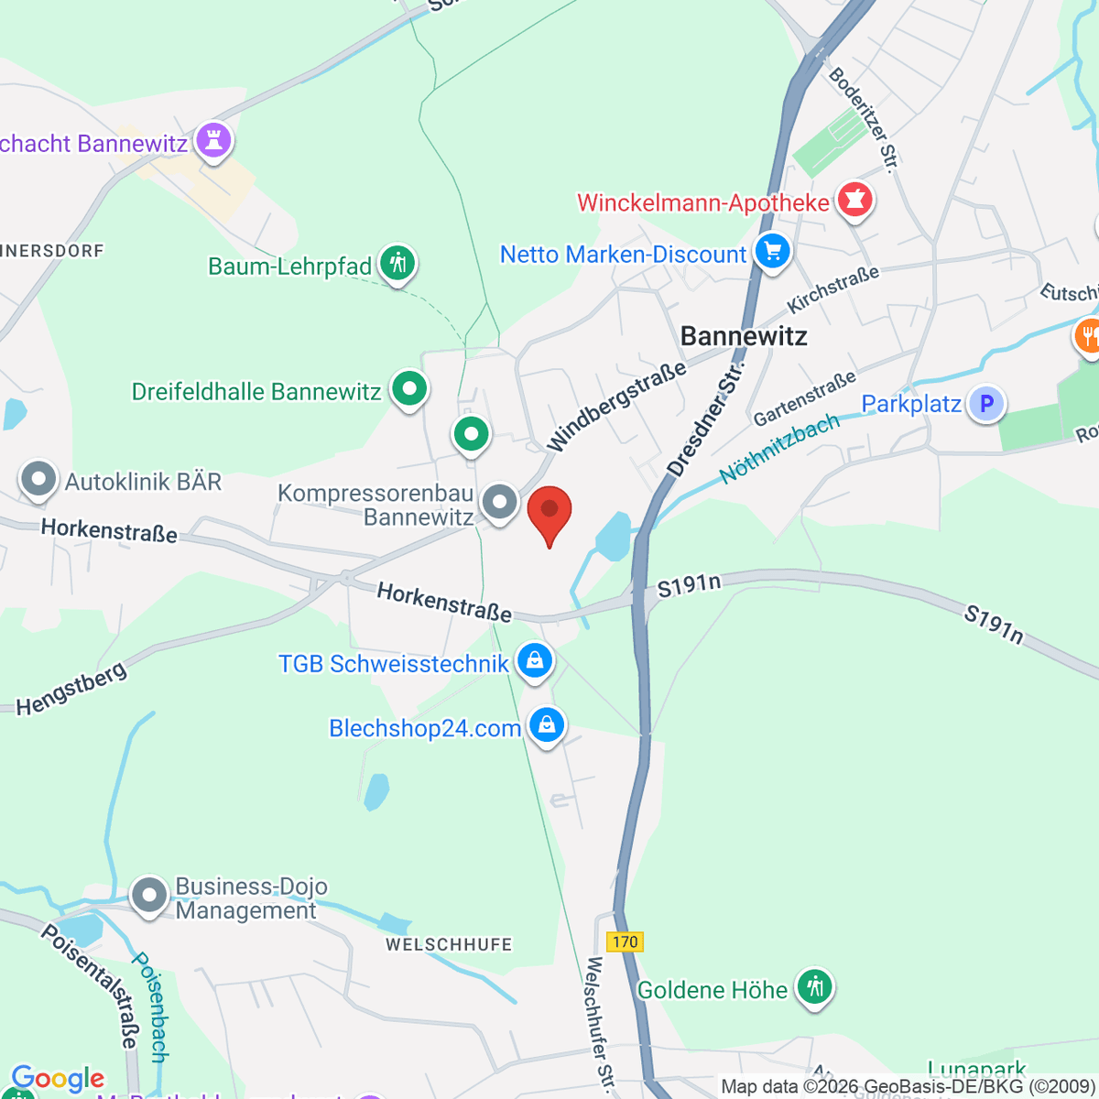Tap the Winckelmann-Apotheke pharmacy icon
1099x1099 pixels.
pos(854,202)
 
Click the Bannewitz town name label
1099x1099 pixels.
pos(744,336)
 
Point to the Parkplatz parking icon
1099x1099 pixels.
pos(986,403)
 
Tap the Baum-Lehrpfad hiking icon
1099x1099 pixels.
pos(397,265)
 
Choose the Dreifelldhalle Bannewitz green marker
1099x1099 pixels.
pos(409,389)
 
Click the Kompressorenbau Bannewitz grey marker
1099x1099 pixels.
pos(499,502)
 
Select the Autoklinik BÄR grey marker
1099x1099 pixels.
pos(38,479)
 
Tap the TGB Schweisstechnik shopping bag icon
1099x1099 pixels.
pos(535,660)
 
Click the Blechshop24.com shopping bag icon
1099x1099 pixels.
pos(547,726)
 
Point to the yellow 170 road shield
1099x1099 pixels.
pos(625,941)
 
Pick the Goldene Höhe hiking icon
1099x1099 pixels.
pos(813,988)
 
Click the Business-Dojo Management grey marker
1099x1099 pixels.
pos(149,896)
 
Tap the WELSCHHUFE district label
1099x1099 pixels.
pos(449,944)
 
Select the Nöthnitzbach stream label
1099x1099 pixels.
pos(779,449)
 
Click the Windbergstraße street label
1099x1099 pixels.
pos(616,407)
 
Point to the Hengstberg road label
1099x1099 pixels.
pos(71,690)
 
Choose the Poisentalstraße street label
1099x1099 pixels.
pos(91,985)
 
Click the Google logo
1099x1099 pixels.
pos(58,1079)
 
